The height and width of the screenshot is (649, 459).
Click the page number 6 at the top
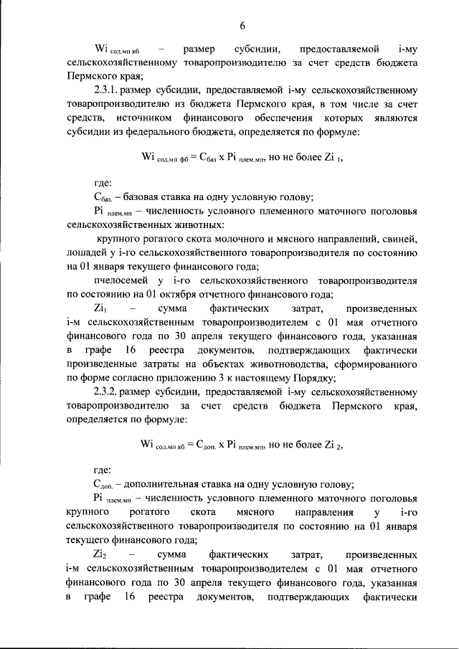[242, 26]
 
